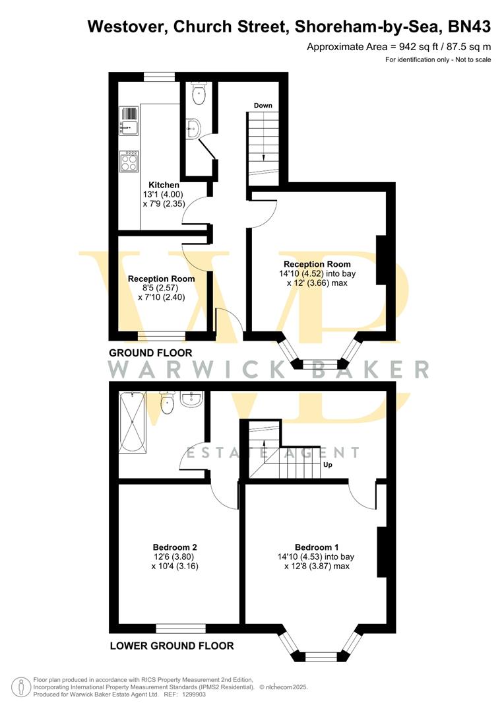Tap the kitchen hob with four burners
click(x=129, y=160)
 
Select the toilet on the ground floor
click(x=198, y=94)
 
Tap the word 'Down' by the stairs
click(x=263, y=106)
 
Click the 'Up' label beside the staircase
click(x=327, y=465)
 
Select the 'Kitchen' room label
click(x=164, y=185)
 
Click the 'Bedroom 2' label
click(x=175, y=547)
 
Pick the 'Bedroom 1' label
click(x=317, y=547)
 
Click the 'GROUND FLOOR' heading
click(x=150, y=353)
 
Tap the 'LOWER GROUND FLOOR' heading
click(x=172, y=646)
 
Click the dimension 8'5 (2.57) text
click(x=161, y=289)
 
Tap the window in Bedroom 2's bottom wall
click(x=181, y=628)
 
